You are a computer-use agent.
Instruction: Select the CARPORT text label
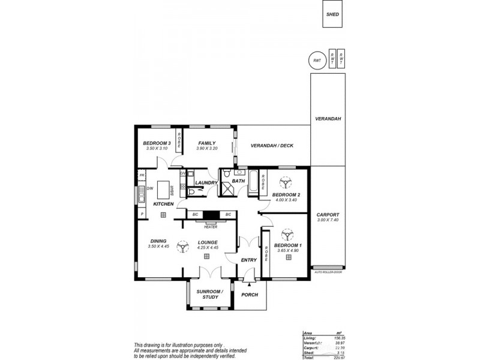(x=328, y=214)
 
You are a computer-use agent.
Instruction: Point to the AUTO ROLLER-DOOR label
(x=329, y=272)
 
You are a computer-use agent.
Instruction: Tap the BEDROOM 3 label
(x=157, y=143)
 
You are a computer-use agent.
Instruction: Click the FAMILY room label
(x=206, y=143)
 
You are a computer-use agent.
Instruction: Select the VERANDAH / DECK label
(x=272, y=146)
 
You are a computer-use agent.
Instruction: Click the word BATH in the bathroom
(x=238, y=181)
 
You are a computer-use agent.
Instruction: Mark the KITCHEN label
(x=163, y=204)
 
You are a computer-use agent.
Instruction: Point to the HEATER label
(x=210, y=227)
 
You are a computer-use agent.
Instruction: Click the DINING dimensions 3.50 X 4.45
(x=158, y=247)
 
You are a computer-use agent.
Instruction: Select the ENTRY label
(x=248, y=260)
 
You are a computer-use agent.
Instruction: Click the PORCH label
(x=249, y=295)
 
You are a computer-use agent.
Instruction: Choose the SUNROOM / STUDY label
(x=209, y=294)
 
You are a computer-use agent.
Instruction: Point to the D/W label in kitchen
(x=149, y=188)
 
